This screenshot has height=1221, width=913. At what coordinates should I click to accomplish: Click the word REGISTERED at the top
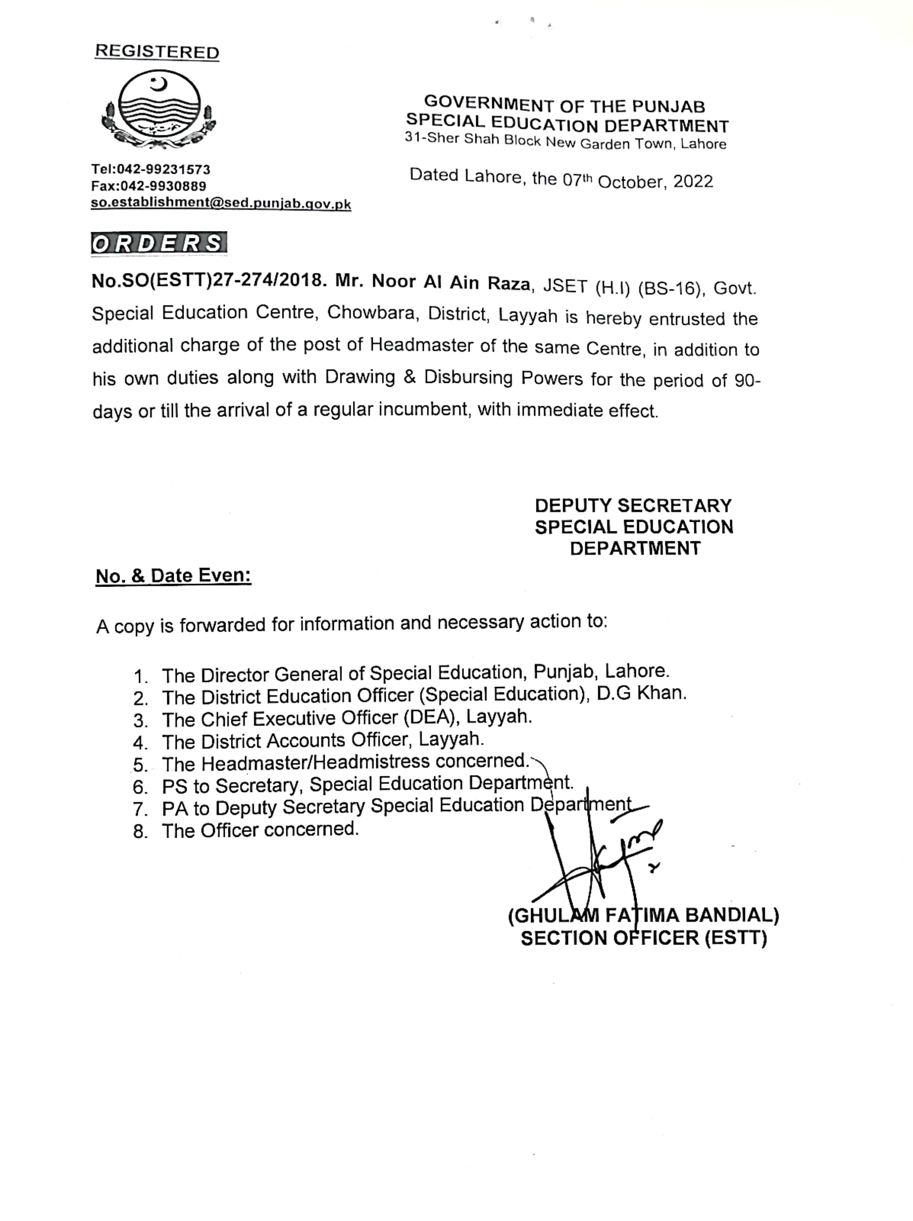point(157,52)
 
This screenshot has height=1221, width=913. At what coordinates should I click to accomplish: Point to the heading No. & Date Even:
point(173,576)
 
